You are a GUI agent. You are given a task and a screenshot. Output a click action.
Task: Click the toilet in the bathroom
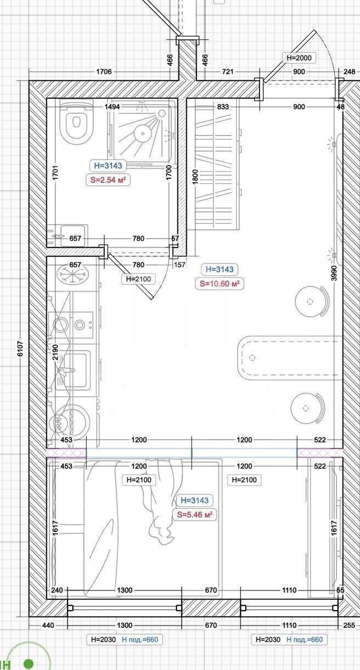tap(76, 122)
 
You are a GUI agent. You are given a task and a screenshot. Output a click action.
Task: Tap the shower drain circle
tap(142, 132)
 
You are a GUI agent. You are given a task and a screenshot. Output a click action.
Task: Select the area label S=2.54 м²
tap(108, 180)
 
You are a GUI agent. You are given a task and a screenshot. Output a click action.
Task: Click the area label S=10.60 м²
tap(220, 283)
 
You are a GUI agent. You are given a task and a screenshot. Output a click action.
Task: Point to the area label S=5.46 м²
tap(194, 515)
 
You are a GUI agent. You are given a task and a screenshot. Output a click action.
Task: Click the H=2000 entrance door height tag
tap(299, 58)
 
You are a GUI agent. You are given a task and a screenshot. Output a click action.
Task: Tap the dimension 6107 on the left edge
tap(20, 349)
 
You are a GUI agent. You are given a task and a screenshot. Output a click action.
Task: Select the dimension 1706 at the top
tap(104, 72)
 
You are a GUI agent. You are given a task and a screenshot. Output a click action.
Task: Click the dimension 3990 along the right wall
tap(334, 273)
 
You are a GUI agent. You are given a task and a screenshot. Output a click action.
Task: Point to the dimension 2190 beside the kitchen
tap(55, 352)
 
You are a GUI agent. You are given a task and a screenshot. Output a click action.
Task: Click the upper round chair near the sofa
tap(312, 301)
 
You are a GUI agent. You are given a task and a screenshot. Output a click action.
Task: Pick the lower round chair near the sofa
tap(307, 408)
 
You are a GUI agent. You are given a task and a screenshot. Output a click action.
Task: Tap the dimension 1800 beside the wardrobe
tap(194, 177)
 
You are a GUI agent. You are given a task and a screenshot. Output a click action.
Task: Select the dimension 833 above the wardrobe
tap(223, 107)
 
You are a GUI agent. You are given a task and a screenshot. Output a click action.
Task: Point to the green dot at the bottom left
tap(29, 662)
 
